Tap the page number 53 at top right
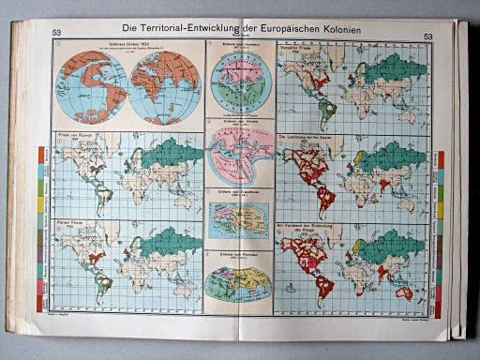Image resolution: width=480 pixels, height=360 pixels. (x=429, y=38)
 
